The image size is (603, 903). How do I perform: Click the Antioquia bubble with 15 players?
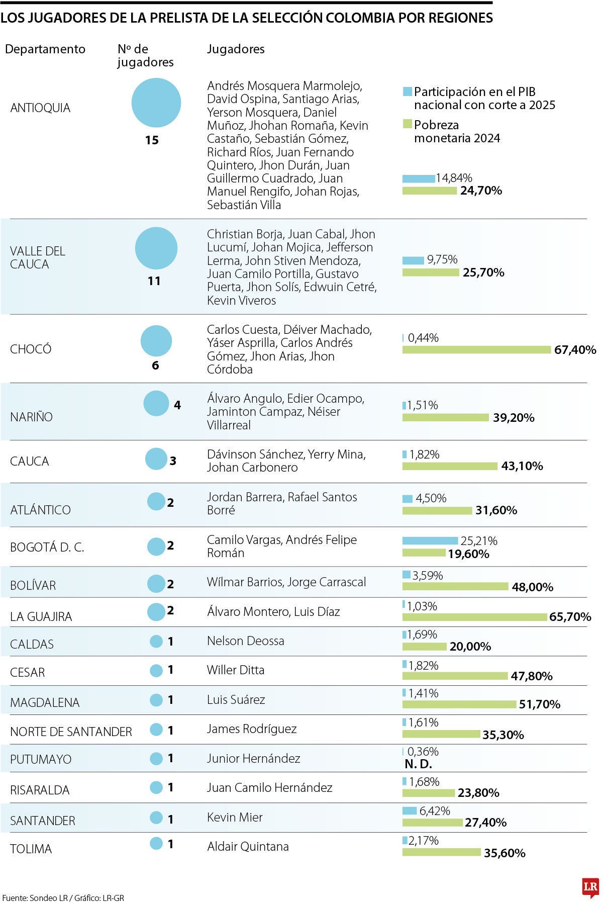coord(156,103)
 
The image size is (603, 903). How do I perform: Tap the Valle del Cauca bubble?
coord(156,248)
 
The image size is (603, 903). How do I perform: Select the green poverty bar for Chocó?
coord(476,350)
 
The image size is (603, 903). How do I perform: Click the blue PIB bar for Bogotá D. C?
coord(430,541)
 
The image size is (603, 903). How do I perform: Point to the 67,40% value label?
coord(575,350)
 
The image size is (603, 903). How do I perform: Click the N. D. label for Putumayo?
coord(418,764)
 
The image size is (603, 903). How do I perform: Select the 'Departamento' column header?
coord(45,49)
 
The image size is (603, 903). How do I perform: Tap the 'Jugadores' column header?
coord(236,49)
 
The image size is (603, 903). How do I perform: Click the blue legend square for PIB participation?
coord(408,92)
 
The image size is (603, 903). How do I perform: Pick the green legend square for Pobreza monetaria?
coord(408,124)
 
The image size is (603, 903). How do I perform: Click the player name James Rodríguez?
coord(252,729)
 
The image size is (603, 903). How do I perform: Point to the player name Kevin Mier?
coord(235,818)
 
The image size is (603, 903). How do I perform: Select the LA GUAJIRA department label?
coord(41,616)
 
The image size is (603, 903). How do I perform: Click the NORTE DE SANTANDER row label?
coord(71,732)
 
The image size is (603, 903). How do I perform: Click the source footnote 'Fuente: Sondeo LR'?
coord(35,898)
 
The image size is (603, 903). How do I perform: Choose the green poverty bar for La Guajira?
coord(475,617)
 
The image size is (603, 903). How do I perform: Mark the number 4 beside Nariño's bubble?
coord(177,405)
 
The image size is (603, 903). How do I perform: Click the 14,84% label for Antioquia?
coord(454,178)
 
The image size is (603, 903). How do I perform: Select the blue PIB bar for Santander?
coord(410,811)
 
